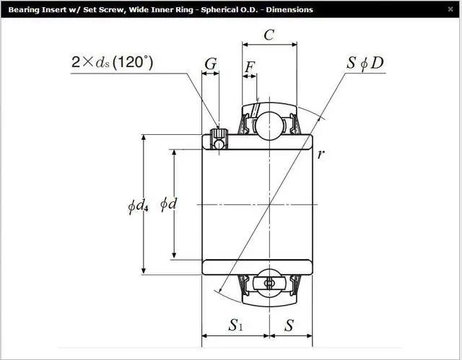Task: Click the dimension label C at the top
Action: point(269,35)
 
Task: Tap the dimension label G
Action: point(211,63)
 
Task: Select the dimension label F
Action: point(250,67)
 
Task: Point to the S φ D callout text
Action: point(365,63)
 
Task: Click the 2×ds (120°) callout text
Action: point(113,62)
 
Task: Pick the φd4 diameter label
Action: point(138,206)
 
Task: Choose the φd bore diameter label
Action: point(168,203)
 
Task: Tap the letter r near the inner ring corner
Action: point(321,154)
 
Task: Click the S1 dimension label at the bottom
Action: point(235,325)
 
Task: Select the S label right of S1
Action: point(289,325)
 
